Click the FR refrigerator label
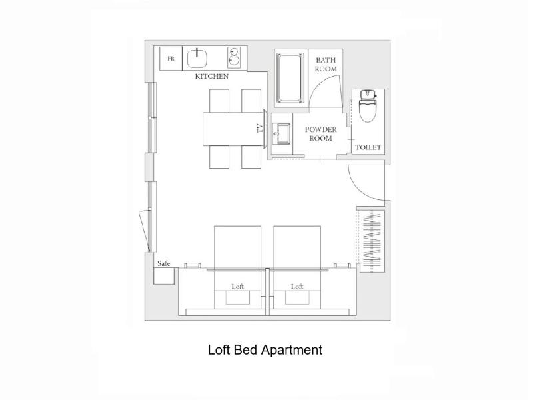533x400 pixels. tap(171, 59)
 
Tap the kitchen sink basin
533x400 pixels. tap(197, 58)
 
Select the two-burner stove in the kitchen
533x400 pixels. tap(234, 57)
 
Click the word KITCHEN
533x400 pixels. tap(211, 76)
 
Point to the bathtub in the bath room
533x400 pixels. tap(290, 78)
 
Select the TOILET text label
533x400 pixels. tap(368, 147)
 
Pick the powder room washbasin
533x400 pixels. tap(281, 134)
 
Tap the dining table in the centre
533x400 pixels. tap(234, 129)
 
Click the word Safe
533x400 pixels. tap(163, 263)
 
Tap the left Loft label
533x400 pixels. tap(238, 287)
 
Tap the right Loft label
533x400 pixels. tap(297, 287)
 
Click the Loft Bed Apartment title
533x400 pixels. tap(265, 350)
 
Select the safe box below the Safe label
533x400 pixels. tap(164, 276)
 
